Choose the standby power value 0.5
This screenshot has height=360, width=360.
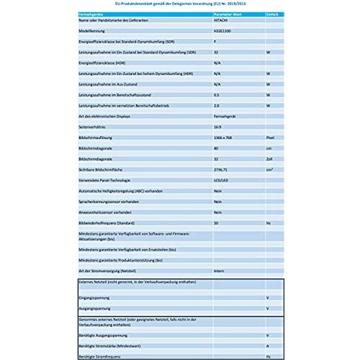[x=217, y=94]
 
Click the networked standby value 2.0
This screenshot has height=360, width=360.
[x=217, y=105]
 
